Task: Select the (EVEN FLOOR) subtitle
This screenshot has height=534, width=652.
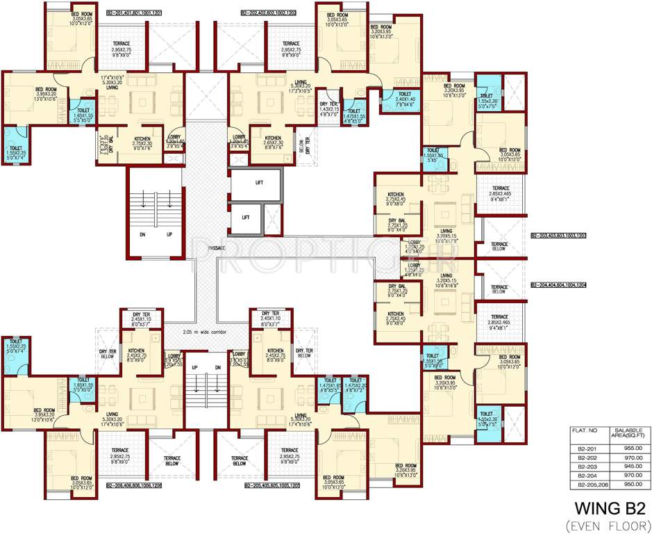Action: (x=605, y=521)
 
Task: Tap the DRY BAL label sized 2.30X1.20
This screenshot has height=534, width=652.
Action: (x=106, y=145)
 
